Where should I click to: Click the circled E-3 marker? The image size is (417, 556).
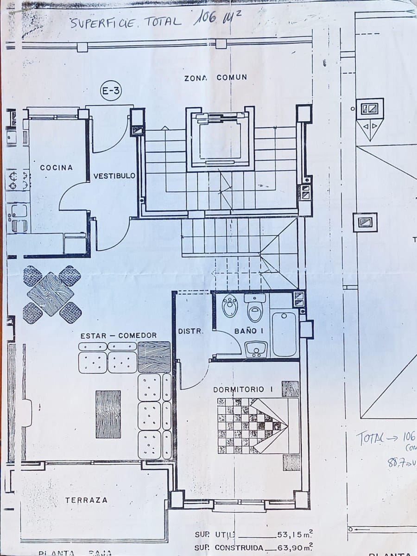pos(111,92)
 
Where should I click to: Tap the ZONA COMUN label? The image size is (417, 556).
pos(215,78)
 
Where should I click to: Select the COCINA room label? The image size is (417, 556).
pos(57,168)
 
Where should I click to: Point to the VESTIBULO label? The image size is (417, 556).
pos(114,176)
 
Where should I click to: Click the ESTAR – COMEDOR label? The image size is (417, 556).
pos(118,335)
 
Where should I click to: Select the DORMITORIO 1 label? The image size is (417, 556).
pos(243,389)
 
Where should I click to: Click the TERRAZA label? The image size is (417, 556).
pos(86,500)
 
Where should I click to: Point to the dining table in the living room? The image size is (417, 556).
pos(51,294)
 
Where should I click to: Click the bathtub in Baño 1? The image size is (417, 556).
pos(284,334)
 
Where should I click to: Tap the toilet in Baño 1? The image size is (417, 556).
pos(255,308)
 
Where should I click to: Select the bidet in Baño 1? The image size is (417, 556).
pos(230,306)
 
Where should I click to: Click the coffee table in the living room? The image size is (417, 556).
pos(108,414)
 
